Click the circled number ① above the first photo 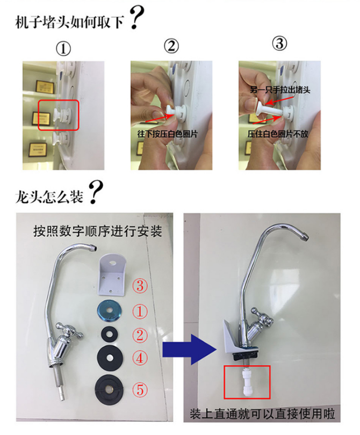(63, 49)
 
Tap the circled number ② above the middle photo (171, 46)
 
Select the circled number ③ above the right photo (279, 44)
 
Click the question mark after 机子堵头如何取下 (136, 17)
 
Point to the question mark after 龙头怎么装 (96, 192)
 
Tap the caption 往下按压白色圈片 (168, 134)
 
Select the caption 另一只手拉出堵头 (280, 90)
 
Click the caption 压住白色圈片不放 (278, 134)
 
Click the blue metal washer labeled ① (111, 311)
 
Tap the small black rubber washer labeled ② (110, 335)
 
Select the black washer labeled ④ (110, 358)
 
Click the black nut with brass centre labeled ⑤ (110, 389)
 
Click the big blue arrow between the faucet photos (189, 349)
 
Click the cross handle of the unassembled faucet (69, 330)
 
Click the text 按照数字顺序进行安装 (97, 231)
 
